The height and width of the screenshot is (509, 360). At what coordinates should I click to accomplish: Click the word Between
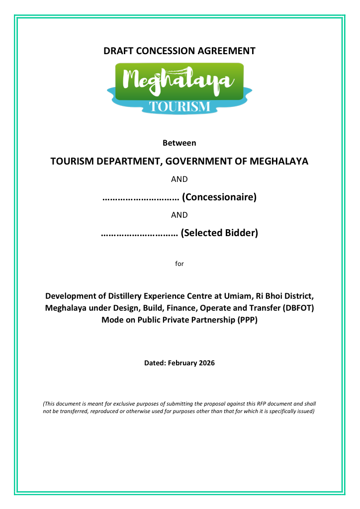point(180,143)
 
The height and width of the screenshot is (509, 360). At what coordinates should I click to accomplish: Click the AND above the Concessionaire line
point(180,179)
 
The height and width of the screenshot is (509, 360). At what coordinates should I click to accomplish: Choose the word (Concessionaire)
point(219,197)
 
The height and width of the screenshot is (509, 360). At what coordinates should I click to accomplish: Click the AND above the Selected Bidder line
point(180,215)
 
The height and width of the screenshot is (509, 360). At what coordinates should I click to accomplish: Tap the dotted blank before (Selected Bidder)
point(139,233)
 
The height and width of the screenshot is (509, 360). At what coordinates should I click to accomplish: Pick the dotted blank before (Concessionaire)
point(141,198)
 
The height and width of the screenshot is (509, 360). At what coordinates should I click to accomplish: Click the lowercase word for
point(180,263)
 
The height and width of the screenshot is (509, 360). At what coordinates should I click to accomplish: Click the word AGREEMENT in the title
point(226,51)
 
